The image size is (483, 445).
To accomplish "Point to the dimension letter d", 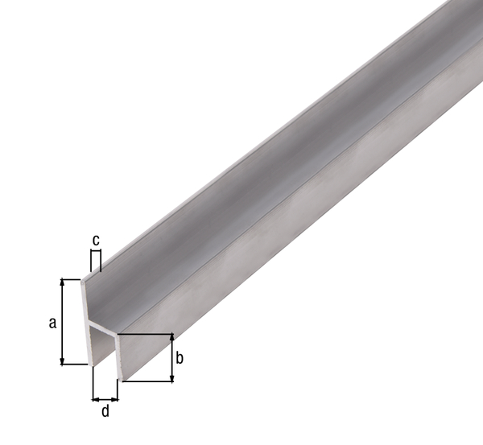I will pyautogui.click(x=105, y=412).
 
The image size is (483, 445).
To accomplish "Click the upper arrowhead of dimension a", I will pyautogui.click(x=62, y=283).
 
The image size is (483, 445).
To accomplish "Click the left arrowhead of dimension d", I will pyautogui.click(x=95, y=398).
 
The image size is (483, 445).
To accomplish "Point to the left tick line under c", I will pyautogui.click(x=92, y=260).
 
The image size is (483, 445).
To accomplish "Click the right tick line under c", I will pyautogui.click(x=101, y=260).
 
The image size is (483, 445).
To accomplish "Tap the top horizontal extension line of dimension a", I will pyautogui.click(x=72, y=279).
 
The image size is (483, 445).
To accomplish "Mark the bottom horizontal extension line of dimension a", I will pyautogui.click(x=74, y=365).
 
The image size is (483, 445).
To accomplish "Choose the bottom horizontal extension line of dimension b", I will pyautogui.click(x=149, y=381).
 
